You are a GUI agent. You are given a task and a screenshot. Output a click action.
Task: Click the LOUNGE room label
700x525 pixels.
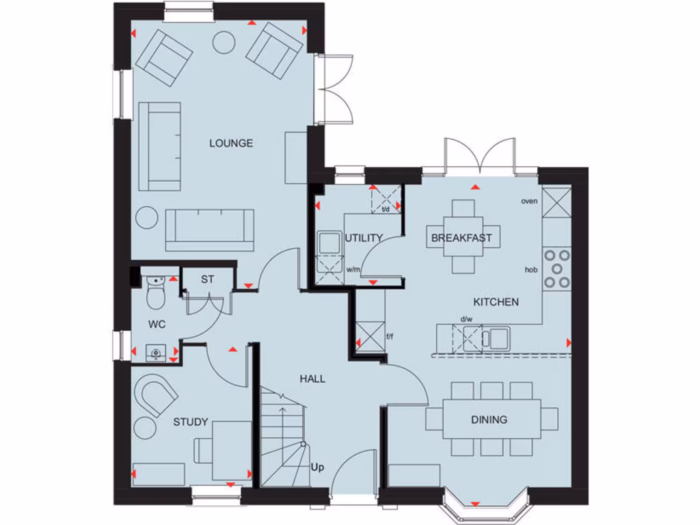pos(231,143)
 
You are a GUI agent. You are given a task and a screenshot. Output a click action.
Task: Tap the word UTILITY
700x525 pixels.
pos(364,238)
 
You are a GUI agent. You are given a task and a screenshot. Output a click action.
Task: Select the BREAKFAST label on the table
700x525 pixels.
pos(461,238)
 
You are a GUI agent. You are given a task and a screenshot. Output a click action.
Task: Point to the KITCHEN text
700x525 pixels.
pos(496,301)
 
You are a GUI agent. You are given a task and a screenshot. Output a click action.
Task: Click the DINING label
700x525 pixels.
pos(489,419)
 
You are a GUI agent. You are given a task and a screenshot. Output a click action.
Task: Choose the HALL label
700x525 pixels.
pos(312,378)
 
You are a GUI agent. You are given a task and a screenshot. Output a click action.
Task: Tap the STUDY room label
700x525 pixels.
pos(190,422)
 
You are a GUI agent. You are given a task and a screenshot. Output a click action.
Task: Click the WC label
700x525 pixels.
pos(157,323)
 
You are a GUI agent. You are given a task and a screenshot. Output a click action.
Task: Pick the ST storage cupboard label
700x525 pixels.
pos(208,279)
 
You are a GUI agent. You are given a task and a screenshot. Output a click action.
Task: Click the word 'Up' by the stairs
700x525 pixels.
pos(317,468)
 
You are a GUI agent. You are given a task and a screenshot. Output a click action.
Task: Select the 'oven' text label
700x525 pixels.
pos(529,201)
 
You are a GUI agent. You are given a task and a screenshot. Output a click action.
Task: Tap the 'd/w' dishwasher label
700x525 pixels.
pos(466,319)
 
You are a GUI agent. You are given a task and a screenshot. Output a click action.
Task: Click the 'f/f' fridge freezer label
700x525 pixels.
pos(390,336)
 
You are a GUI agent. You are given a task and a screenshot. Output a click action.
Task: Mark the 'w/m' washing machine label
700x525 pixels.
pos(353,269)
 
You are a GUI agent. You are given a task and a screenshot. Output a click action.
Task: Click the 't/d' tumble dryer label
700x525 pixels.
pos(385,209)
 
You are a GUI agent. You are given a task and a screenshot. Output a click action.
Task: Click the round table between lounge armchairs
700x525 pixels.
pos(224,42)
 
